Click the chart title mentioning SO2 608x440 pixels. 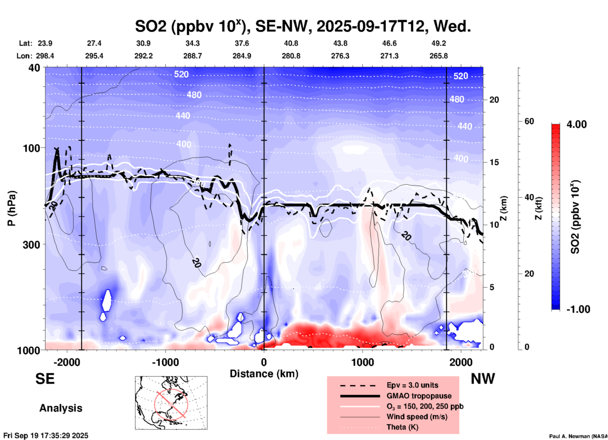303,26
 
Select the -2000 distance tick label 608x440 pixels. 67,362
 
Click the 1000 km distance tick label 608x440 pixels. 362,362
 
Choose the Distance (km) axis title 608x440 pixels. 264,374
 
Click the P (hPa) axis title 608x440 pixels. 12,208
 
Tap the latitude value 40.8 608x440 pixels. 291,43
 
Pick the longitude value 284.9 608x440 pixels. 242,56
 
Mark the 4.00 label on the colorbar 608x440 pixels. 576,124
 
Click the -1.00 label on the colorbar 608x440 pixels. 578,309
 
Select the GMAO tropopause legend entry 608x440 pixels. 419,396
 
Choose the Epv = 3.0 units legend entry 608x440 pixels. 412,385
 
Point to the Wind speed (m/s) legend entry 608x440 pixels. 417,417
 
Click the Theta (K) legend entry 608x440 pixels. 402,427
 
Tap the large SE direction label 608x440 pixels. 45,379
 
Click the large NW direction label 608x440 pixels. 483,379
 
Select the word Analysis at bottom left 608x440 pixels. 61,408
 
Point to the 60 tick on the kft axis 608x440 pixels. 529,121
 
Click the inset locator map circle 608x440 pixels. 171,404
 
